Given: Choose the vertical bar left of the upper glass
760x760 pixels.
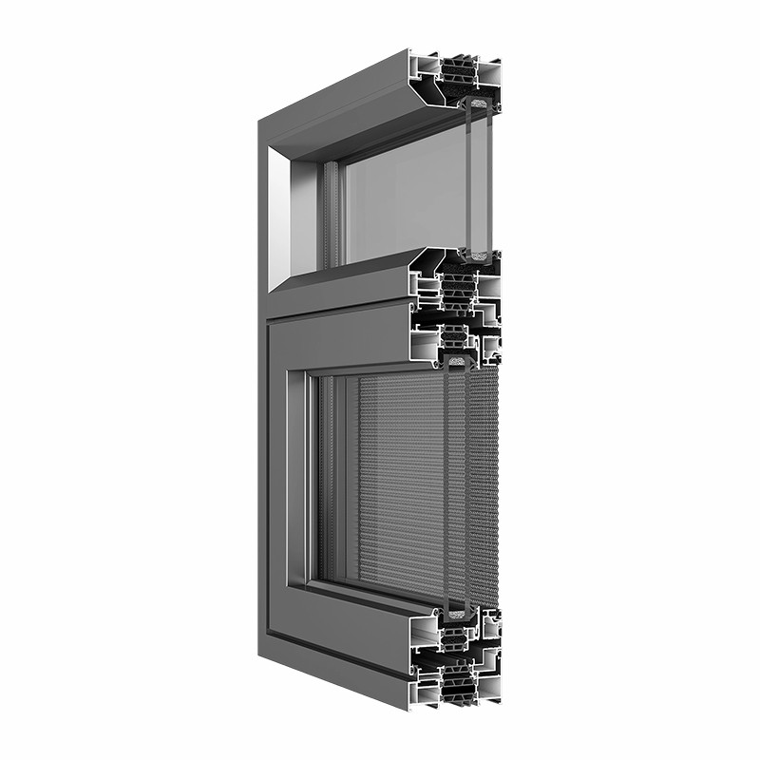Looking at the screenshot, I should tap(331, 214).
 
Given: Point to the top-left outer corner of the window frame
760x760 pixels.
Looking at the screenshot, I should tap(259, 121).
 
